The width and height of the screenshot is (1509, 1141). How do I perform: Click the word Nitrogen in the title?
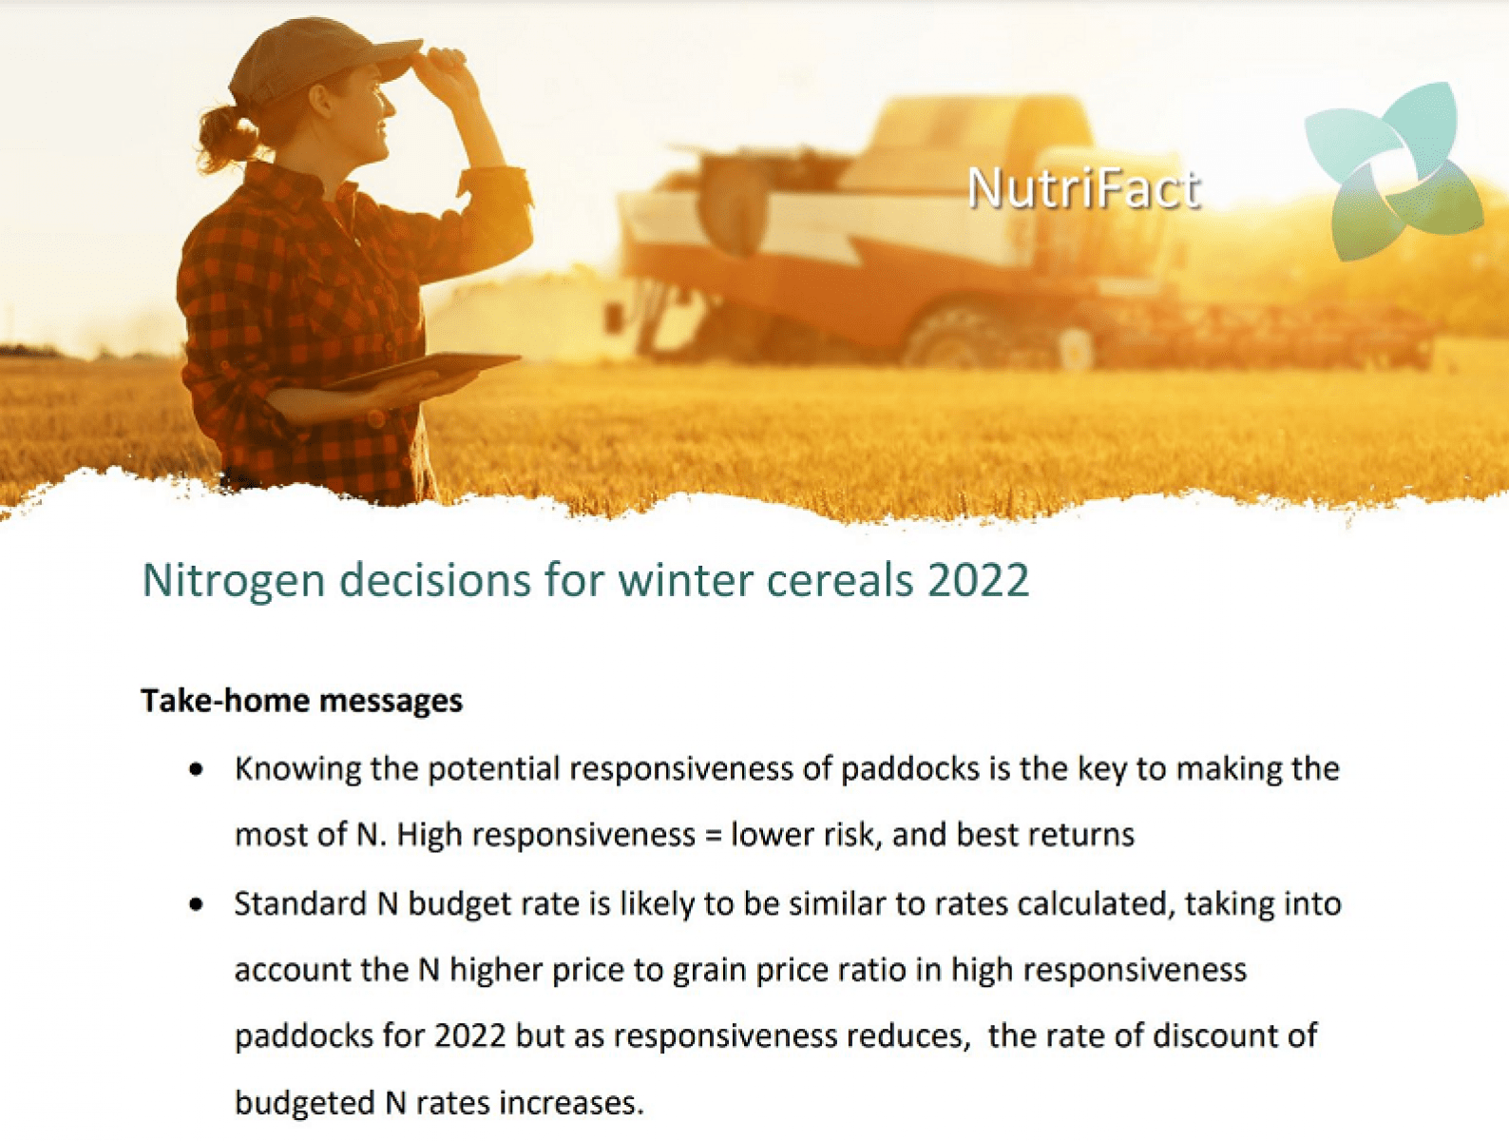point(233,580)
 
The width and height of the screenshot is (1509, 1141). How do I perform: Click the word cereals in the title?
point(839,580)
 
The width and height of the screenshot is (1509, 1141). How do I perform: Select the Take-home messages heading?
point(302,701)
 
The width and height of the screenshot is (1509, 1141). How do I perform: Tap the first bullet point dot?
point(197,769)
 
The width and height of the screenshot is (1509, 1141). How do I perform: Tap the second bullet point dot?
point(197,904)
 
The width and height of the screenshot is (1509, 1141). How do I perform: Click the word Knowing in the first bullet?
point(297,769)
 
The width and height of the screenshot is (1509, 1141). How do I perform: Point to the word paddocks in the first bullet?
point(909,768)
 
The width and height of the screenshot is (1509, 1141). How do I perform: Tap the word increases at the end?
point(571,1103)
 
